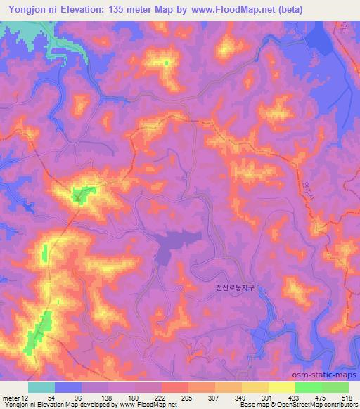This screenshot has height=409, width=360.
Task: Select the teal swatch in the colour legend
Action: click(41, 387)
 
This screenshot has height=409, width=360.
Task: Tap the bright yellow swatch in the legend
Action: click(282, 387)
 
